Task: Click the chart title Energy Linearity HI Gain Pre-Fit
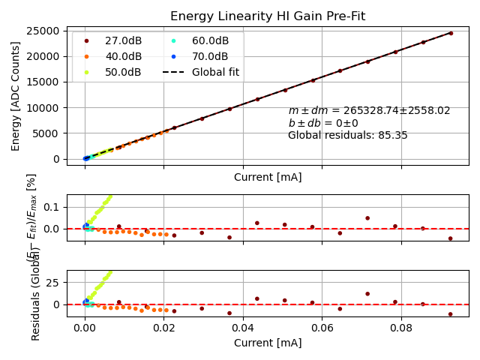[x=268, y=16]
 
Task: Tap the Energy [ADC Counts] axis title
[x=16, y=95]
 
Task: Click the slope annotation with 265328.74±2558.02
[x=369, y=111]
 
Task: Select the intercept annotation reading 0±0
[x=323, y=123]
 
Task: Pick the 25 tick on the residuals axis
[x=52, y=282]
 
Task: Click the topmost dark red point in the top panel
[x=451, y=33]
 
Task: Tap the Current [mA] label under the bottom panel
[x=268, y=343]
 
